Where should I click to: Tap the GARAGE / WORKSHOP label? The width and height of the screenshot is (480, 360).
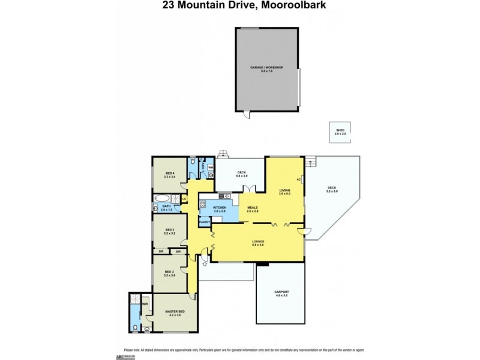point(266,68)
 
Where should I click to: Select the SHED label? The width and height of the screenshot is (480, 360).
point(340,130)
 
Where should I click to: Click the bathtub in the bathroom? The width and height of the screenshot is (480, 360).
point(162,198)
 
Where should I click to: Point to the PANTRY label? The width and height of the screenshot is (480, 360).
point(205,221)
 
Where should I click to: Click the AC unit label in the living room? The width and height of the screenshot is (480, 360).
point(298,180)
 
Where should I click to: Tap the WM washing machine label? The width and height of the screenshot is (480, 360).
point(210,167)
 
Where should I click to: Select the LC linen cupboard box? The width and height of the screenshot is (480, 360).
point(184,199)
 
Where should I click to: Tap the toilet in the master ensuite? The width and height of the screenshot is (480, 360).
point(136,327)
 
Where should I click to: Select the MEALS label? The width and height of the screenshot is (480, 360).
point(253,208)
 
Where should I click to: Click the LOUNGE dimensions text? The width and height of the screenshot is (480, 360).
point(259,245)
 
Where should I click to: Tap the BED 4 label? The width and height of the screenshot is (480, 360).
point(169,173)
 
